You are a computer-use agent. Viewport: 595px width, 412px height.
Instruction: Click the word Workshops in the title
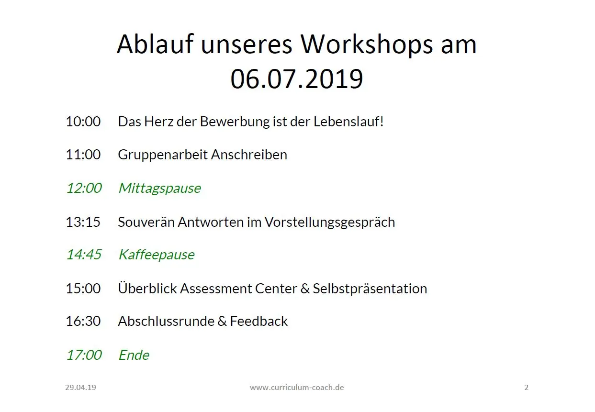coord(367,45)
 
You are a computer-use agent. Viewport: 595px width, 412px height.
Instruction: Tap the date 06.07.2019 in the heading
coord(297,79)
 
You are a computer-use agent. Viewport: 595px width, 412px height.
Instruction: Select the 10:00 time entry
coord(83,122)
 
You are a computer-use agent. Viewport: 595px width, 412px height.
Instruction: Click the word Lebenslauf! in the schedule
coord(348,122)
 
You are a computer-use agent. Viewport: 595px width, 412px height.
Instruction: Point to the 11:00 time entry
coord(83,155)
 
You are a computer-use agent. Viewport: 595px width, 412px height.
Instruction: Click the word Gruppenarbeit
coord(163,155)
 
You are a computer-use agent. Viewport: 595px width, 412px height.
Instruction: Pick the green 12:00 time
coord(84,188)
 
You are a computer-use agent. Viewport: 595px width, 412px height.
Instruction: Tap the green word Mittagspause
coord(160,189)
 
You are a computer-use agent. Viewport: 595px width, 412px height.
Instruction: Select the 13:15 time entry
coord(83,222)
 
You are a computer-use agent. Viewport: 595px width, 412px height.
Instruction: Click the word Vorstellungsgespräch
coord(330,223)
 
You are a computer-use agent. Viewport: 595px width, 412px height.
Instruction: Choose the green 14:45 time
coord(84,254)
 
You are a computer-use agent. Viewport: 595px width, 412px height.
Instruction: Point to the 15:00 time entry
coord(83,288)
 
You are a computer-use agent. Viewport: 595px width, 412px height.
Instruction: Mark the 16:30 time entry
coord(83,321)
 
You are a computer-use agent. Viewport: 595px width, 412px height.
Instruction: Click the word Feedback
coord(258,321)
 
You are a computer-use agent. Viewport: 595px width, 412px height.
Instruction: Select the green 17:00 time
coord(84,355)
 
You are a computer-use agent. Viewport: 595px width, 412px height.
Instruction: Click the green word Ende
coord(134,355)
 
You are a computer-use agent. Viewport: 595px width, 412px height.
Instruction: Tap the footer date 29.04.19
coord(80,387)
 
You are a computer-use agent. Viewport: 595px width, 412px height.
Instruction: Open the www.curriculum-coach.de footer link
coord(297,387)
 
